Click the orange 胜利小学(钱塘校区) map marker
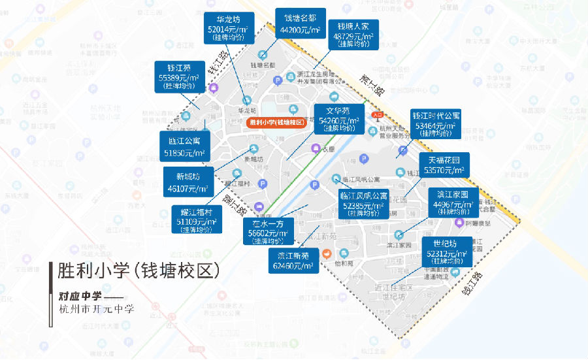point(276,122)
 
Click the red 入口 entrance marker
point(377,116)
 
